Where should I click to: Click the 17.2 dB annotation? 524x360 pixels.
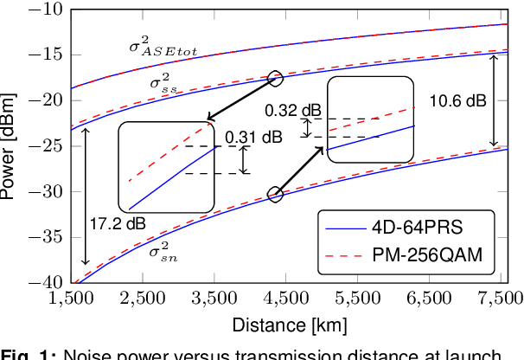pos(118,222)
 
